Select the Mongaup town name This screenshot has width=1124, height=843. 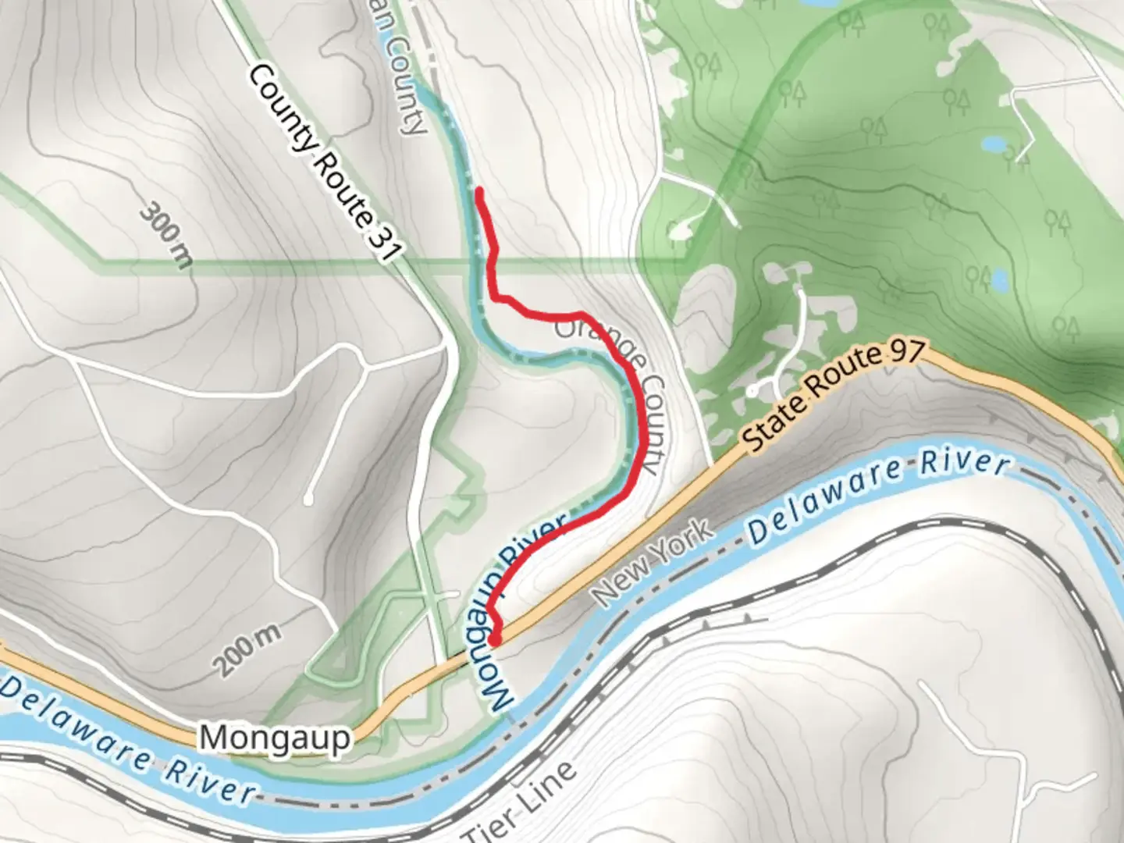click(x=275, y=737)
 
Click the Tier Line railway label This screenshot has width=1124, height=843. click(x=521, y=801)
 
